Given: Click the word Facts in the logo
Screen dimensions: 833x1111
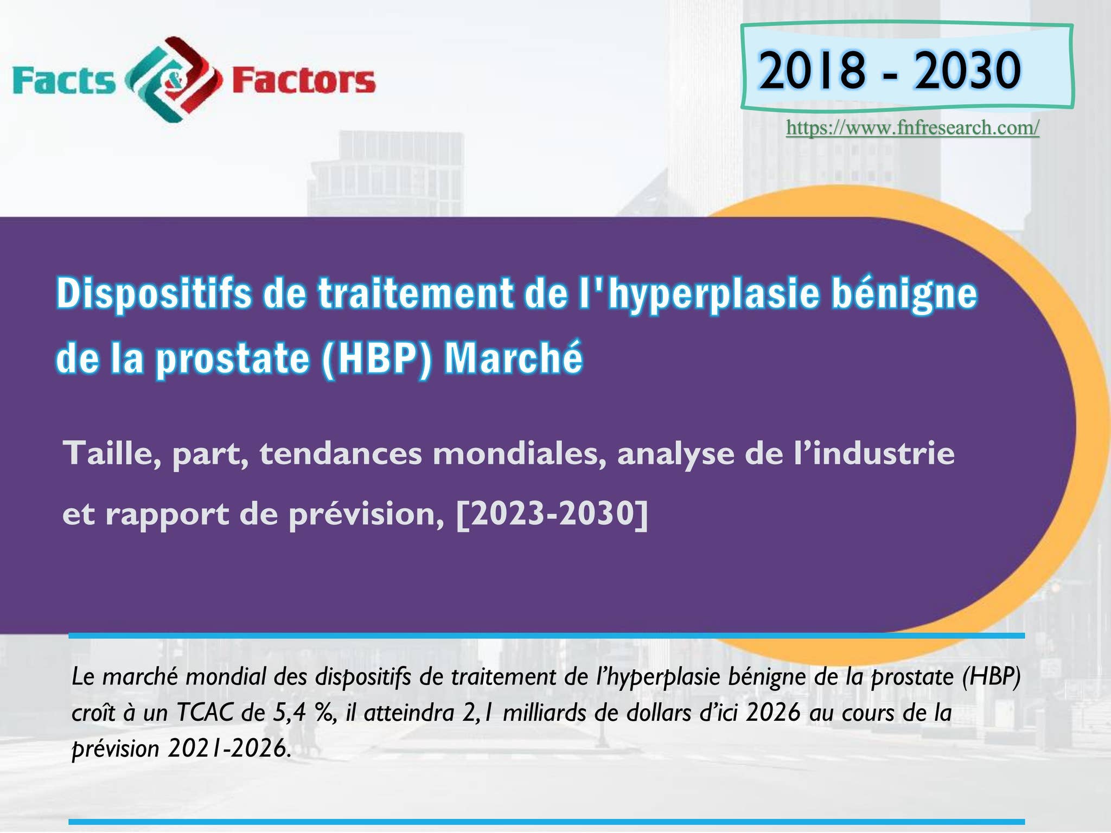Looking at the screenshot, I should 64,81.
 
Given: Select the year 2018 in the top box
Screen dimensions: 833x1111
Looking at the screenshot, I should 811,71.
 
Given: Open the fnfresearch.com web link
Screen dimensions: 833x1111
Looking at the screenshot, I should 912,128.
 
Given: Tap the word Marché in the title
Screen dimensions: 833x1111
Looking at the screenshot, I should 513,358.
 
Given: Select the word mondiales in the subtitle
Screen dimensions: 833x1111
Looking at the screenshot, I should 519,453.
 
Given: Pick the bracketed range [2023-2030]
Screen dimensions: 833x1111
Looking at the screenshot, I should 552,513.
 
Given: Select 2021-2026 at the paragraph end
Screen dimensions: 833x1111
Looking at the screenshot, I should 227,749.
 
